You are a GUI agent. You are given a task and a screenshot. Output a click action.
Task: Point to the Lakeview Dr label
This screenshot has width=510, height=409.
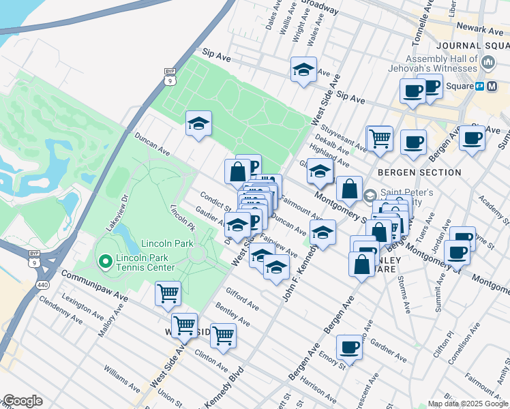click(117, 211)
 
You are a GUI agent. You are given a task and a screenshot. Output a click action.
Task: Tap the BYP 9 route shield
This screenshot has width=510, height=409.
click(169, 76)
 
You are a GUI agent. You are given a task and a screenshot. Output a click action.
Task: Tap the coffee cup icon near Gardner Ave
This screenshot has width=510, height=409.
click(349, 347)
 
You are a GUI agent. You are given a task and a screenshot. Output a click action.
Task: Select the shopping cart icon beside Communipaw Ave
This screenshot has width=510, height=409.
click(168, 293)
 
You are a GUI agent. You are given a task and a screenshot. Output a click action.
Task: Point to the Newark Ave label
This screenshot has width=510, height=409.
click(480, 30)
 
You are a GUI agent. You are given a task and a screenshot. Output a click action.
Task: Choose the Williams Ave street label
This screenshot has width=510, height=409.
click(122, 378)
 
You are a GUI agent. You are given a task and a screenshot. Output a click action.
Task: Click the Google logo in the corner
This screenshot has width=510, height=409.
click(22, 401)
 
